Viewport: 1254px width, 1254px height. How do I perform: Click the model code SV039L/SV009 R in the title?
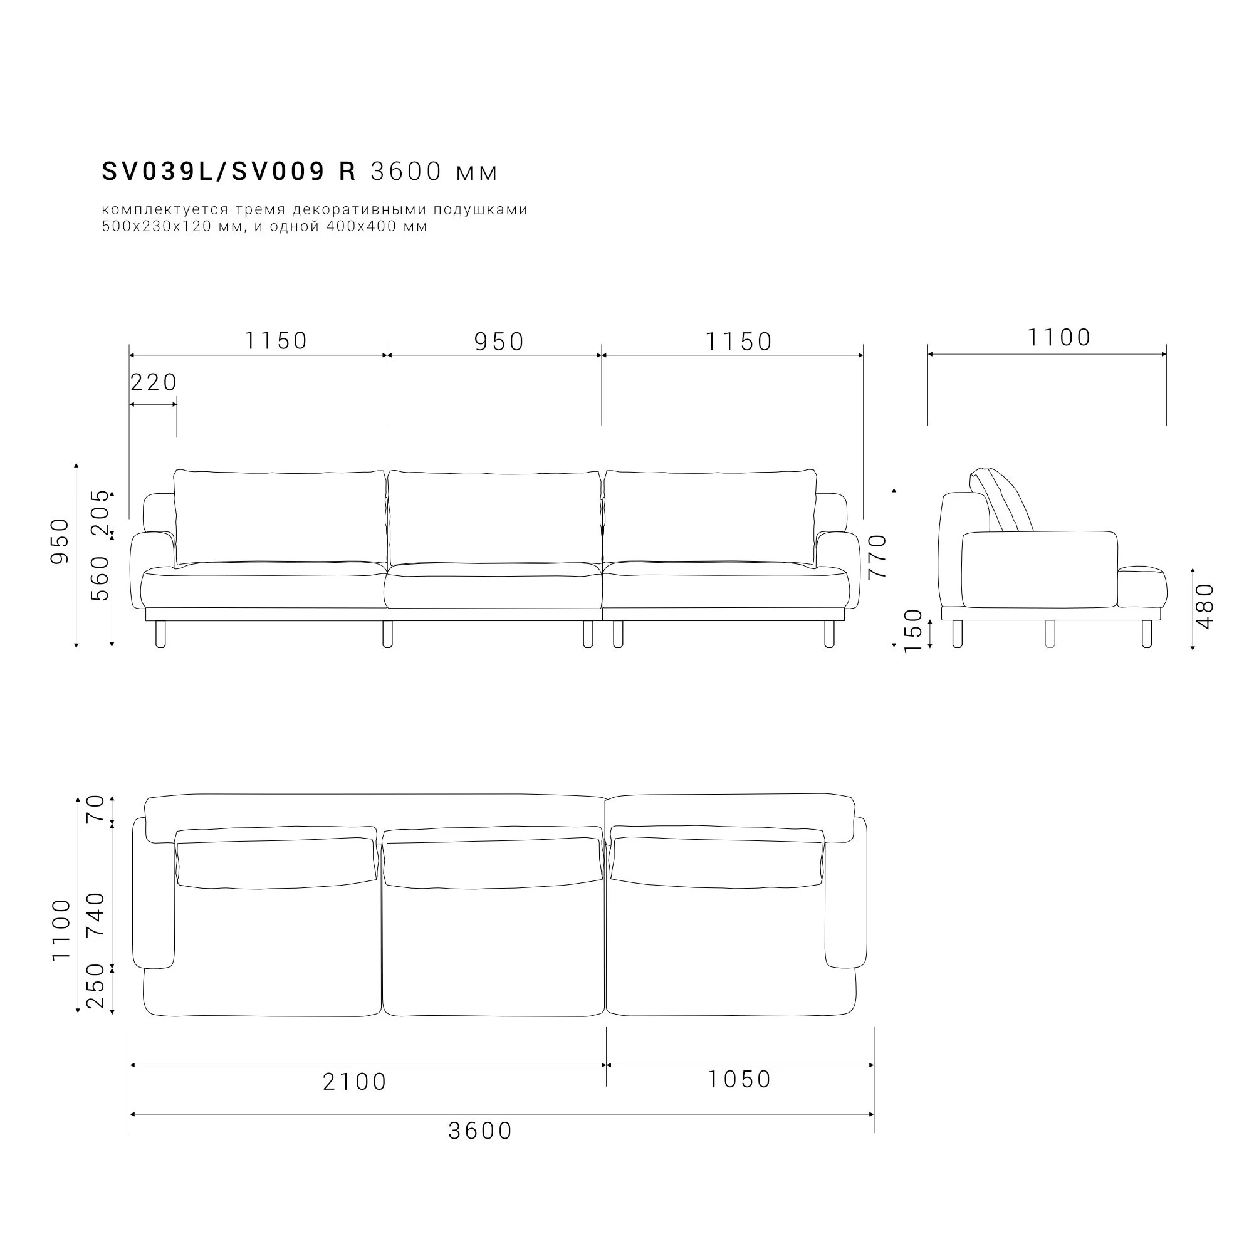point(229,171)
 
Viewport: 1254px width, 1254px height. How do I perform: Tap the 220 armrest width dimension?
point(154,383)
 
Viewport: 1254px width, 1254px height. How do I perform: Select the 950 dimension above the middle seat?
point(499,342)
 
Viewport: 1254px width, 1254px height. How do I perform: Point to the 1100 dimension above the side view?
point(1059,338)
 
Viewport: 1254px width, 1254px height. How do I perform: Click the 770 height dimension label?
point(877,556)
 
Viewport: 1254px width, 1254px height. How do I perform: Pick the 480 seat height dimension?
point(1204,605)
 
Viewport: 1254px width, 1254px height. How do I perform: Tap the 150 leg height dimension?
point(913,631)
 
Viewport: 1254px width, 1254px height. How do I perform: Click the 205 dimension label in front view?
point(100,512)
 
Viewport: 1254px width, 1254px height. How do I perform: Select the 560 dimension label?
point(100,578)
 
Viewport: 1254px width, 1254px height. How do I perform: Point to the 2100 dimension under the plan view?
point(355,1082)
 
